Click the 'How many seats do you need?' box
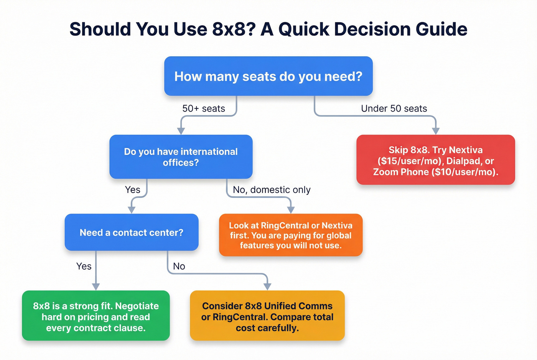click(x=268, y=76)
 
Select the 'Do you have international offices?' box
click(x=181, y=157)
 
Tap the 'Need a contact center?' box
click(x=132, y=232)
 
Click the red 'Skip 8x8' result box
click(x=435, y=160)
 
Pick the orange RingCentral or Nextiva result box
click(x=290, y=235)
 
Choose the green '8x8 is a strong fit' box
click(x=96, y=316)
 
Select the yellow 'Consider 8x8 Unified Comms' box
click(x=267, y=316)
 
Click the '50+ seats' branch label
click(x=204, y=108)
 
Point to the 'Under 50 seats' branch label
click(x=394, y=108)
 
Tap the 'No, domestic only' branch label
click(x=272, y=190)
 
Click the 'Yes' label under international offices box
click(x=133, y=190)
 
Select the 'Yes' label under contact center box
click(x=84, y=266)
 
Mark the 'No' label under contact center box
click(x=179, y=266)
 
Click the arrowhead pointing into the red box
click(x=435, y=131)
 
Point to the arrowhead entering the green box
click(x=96, y=286)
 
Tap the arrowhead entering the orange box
click(x=291, y=210)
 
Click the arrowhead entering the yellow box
click(x=267, y=286)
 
